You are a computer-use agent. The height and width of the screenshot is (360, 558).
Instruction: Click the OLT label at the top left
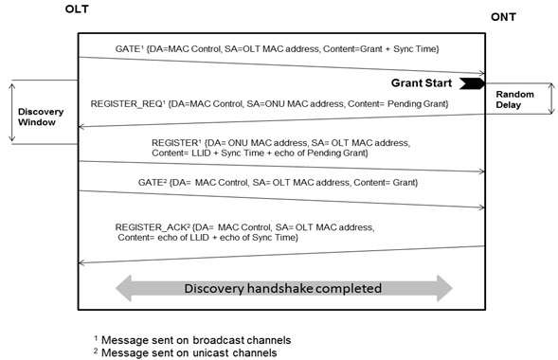(x=78, y=9)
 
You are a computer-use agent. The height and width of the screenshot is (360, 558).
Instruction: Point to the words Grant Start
(x=423, y=82)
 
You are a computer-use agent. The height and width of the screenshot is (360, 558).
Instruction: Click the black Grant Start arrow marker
(x=473, y=82)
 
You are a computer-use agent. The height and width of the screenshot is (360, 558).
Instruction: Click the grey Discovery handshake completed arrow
(x=283, y=288)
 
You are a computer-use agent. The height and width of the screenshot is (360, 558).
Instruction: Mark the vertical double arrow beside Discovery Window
(x=12, y=111)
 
